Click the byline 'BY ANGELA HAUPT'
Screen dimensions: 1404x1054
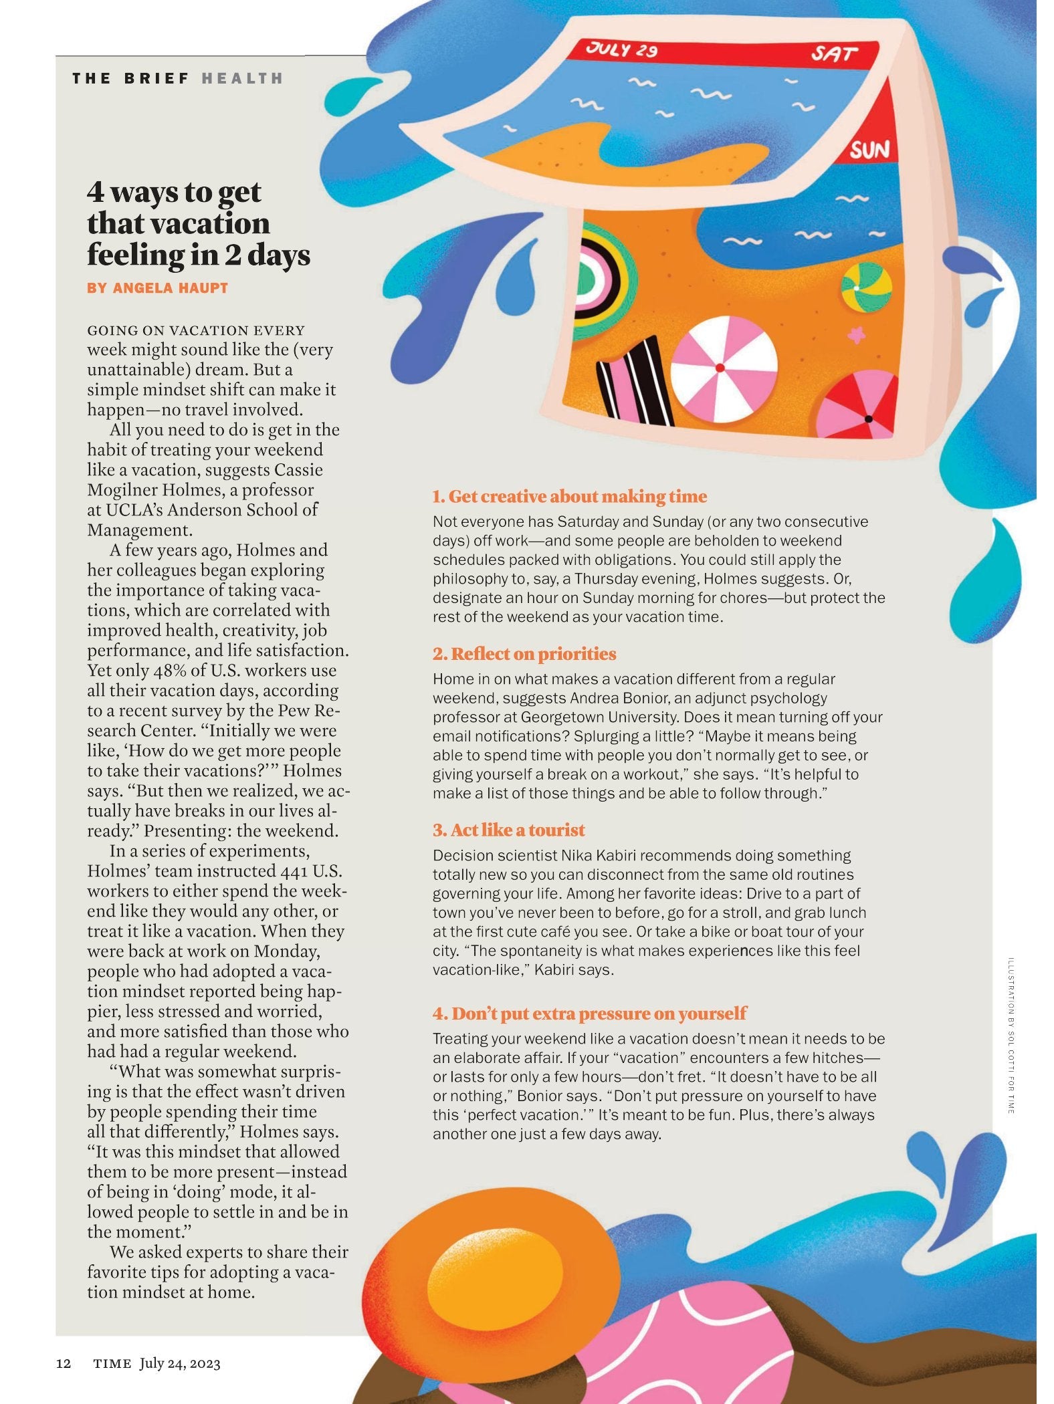coord(157,288)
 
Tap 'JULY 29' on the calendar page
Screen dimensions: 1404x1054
coord(621,49)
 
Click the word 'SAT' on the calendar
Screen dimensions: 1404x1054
coord(833,53)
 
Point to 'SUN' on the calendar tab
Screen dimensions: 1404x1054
coord(869,150)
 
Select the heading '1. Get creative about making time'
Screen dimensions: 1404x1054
coord(569,496)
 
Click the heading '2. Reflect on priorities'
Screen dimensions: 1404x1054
coord(524,653)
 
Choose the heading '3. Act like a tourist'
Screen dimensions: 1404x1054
coord(508,830)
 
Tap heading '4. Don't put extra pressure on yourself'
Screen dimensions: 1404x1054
coord(589,1014)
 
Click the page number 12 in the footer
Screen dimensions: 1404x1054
coord(64,1363)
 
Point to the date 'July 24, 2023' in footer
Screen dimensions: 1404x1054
coord(180,1363)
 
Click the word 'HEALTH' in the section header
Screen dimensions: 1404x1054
coord(242,78)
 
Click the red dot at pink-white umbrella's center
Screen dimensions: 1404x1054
coord(720,368)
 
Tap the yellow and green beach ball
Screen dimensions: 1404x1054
coord(866,287)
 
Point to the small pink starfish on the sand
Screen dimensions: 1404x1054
coord(856,334)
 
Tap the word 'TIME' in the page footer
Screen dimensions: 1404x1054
coord(112,1364)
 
